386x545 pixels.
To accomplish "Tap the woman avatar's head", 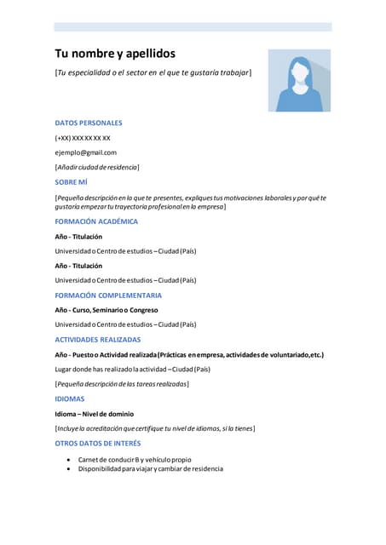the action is click(x=299, y=67).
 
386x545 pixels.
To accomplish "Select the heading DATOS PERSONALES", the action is click(x=89, y=123).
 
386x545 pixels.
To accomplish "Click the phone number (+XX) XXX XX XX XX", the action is click(x=83, y=138).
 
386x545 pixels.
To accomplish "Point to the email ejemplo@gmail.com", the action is click(x=86, y=152).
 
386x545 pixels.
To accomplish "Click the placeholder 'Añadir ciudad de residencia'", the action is click(x=97, y=167).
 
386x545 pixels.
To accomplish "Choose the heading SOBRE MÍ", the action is click(x=72, y=182).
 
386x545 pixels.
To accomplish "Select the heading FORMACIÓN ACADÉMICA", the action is click(x=96, y=221).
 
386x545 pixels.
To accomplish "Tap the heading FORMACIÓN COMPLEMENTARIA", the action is click(x=108, y=295).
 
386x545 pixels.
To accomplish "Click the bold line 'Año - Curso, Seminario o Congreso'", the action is click(x=107, y=310).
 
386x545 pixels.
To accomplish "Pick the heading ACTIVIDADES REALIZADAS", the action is click(x=98, y=340).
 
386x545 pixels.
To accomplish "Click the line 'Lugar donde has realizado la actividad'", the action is click(x=132, y=369).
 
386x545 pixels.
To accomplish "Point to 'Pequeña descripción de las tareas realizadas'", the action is click(x=122, y=384).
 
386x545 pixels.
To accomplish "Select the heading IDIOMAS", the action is click(x=70, y=399).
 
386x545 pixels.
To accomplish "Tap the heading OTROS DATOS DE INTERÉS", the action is click(x=98, y=444).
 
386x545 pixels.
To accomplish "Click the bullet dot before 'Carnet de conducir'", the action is click(x=69, y=460).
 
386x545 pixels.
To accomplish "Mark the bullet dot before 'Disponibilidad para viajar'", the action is click(x=69, y=469).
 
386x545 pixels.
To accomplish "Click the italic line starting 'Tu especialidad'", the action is click(x=153, y=73).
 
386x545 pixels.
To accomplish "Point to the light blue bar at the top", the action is click(x=193, y=27).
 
